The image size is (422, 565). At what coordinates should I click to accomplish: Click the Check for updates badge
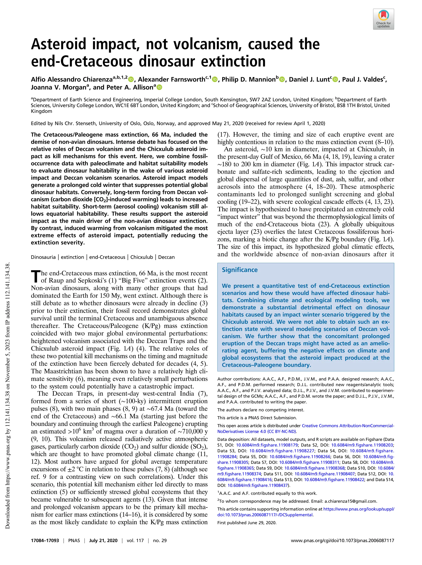383,19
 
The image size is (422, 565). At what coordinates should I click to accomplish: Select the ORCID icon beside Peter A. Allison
159,87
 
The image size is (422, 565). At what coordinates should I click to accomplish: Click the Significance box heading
239,270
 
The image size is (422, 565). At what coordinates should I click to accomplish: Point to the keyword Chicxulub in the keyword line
141,257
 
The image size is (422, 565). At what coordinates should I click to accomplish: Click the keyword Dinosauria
43,257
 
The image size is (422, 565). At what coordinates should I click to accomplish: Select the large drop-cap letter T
35,277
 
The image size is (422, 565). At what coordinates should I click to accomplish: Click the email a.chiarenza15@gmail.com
350,501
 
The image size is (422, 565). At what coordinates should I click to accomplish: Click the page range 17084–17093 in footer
45,540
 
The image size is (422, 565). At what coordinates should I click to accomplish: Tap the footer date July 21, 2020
103,540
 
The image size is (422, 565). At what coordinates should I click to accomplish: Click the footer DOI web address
342,540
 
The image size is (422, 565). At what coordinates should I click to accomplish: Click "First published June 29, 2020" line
247,522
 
